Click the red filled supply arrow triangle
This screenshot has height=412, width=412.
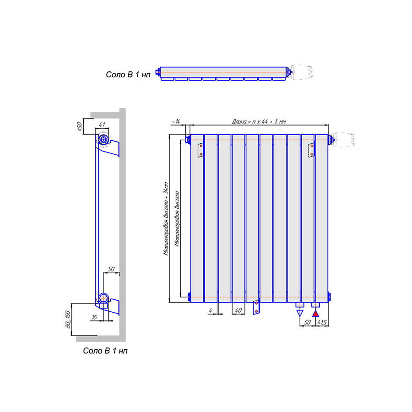tap(315, 314)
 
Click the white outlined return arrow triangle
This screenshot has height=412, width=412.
tap(300, 313)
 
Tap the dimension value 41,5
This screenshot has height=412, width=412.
tap(322, 322)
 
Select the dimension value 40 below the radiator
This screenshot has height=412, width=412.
tap(238, 310)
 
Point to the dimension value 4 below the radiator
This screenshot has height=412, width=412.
tap(211, 310)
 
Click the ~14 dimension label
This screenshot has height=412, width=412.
tap(176, 121)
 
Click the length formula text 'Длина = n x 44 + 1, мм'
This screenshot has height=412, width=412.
tap(259, 121)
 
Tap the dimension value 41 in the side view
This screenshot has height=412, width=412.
tap(102, 125)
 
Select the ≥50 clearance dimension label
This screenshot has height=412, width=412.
tap(79, 126)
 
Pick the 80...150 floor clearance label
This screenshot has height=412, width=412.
tap(68, 319)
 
